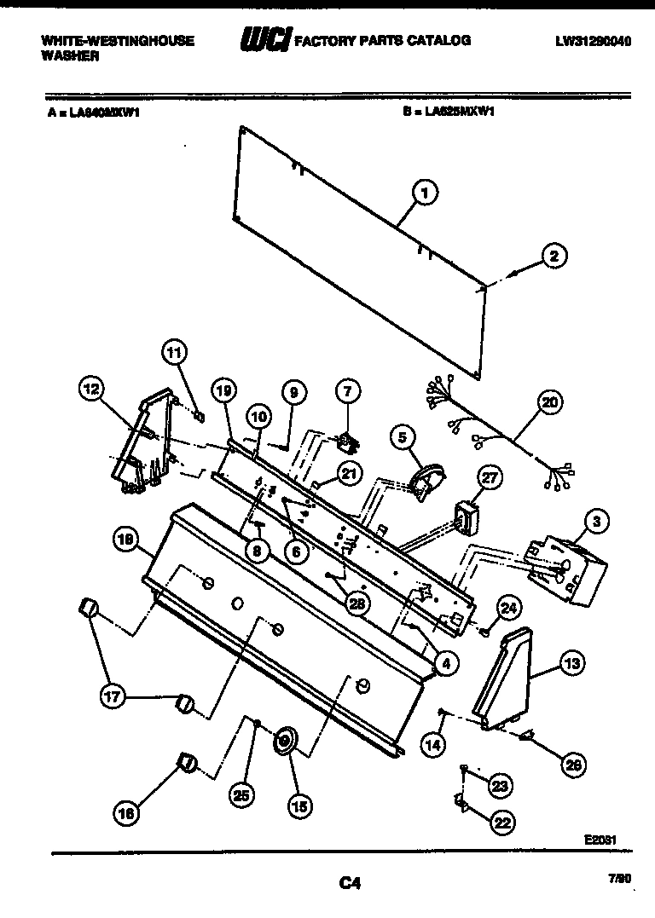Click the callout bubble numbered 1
click(x=424, y=194)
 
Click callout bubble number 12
click(x=92, y=390)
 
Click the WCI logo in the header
click(x=265, y=39)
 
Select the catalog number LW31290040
click(x=591, y=40)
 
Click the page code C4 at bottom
click(x=348, y=884)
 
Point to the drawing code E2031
click(x=600, y=839)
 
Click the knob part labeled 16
click(x=187, y=762)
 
